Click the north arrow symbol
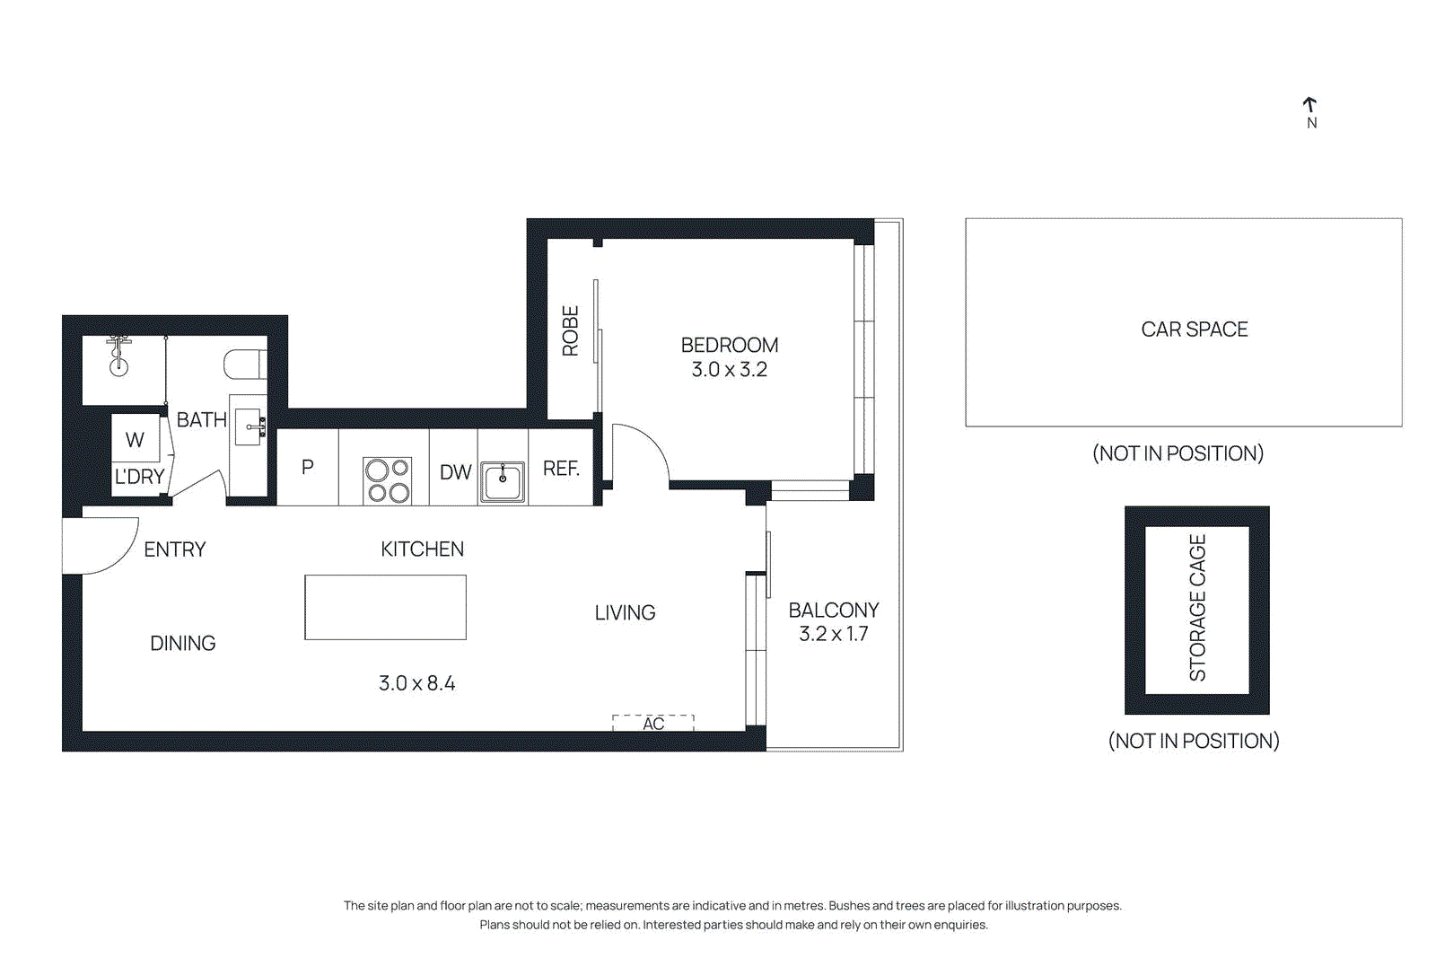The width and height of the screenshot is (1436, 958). (1309, 106)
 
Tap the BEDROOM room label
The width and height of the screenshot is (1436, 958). (729, 346)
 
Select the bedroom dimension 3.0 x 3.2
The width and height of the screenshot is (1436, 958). (729, 370)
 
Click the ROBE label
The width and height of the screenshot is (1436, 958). (571, 331)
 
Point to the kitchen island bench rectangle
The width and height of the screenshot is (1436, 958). (385, 608)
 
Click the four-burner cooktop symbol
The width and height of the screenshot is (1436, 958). (387, 480)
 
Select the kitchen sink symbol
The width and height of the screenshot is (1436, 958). (503, 482)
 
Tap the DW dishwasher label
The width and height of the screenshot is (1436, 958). (455, 472)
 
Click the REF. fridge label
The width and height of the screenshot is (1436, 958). (561, 469)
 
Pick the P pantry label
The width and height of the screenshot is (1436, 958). (308, 467)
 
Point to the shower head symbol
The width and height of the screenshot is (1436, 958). (118, 356)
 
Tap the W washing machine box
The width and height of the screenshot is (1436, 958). (136, 439)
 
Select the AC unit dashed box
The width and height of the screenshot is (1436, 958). (653, 723)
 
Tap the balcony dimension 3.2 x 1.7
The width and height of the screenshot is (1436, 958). (833, 634)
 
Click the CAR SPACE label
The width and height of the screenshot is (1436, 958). (1194, 330)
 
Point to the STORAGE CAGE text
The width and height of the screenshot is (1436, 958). (1197, 608)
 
